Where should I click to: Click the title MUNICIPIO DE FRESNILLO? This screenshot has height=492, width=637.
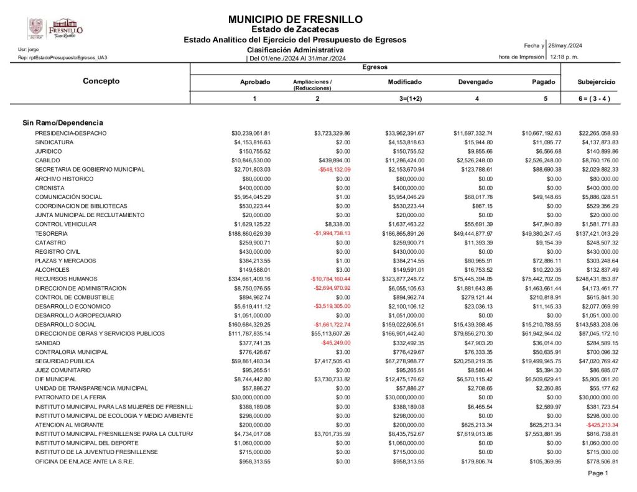click(x=295, y=20)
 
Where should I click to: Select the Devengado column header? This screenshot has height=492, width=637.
click(x=475, y=82)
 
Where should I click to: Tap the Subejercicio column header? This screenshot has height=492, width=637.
click(x=597, y=82)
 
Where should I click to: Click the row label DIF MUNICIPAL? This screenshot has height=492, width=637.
click(x=55, y=379)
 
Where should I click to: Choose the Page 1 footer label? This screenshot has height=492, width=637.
click(x=598, y=473)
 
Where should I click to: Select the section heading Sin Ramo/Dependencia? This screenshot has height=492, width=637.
click(x=63, y=123)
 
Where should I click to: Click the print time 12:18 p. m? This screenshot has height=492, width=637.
click(x=565, y=57)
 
